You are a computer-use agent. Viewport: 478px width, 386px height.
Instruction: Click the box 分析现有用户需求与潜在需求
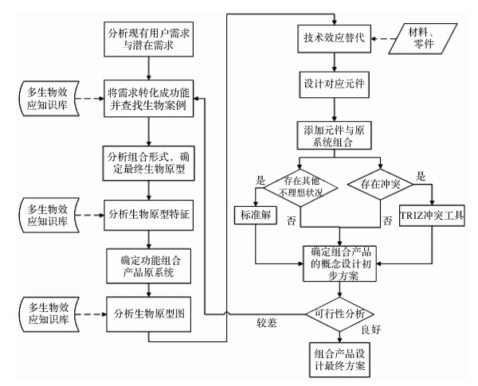(x=148, y=39)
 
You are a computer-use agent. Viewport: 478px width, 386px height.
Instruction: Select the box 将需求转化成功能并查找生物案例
(x=148, y=99)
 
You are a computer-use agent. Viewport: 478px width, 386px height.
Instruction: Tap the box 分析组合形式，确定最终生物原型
(x=148, y=163)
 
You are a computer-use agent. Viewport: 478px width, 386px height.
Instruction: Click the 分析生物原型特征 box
(x=148, y=215)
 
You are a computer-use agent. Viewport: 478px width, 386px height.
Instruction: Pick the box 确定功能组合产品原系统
(x=148, y=267)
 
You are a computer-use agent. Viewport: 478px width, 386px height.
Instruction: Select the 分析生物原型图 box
(x=148, y=314)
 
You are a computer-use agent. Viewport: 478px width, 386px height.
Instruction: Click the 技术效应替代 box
(x=334, y=39)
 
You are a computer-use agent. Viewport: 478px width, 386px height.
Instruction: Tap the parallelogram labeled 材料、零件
(x=423, y=39)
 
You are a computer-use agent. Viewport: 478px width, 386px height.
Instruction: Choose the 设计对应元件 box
(x=334, y=84)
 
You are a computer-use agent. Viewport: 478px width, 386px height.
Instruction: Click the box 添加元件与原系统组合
(x=334, y=135)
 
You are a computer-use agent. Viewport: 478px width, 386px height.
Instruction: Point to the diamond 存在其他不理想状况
(x=300, y=188)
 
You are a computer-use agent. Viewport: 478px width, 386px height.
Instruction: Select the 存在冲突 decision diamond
(x=381, y=184)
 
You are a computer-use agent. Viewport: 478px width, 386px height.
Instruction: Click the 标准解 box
(x=256, y=216)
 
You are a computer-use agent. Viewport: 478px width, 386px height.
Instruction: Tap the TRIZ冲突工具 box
(x=432, y=216)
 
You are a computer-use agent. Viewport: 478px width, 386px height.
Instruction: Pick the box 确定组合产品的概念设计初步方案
(x=339, y=263)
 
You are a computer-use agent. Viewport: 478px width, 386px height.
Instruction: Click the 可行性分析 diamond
(x=339, y=314)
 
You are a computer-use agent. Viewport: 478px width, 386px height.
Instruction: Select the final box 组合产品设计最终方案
(x=339, y=360)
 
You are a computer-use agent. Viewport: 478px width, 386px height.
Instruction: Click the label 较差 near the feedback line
(x=266, y=322)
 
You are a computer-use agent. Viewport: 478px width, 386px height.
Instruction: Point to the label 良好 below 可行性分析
(x=371, y=329)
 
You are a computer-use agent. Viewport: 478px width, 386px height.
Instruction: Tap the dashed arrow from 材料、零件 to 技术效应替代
(x=383, y=39)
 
